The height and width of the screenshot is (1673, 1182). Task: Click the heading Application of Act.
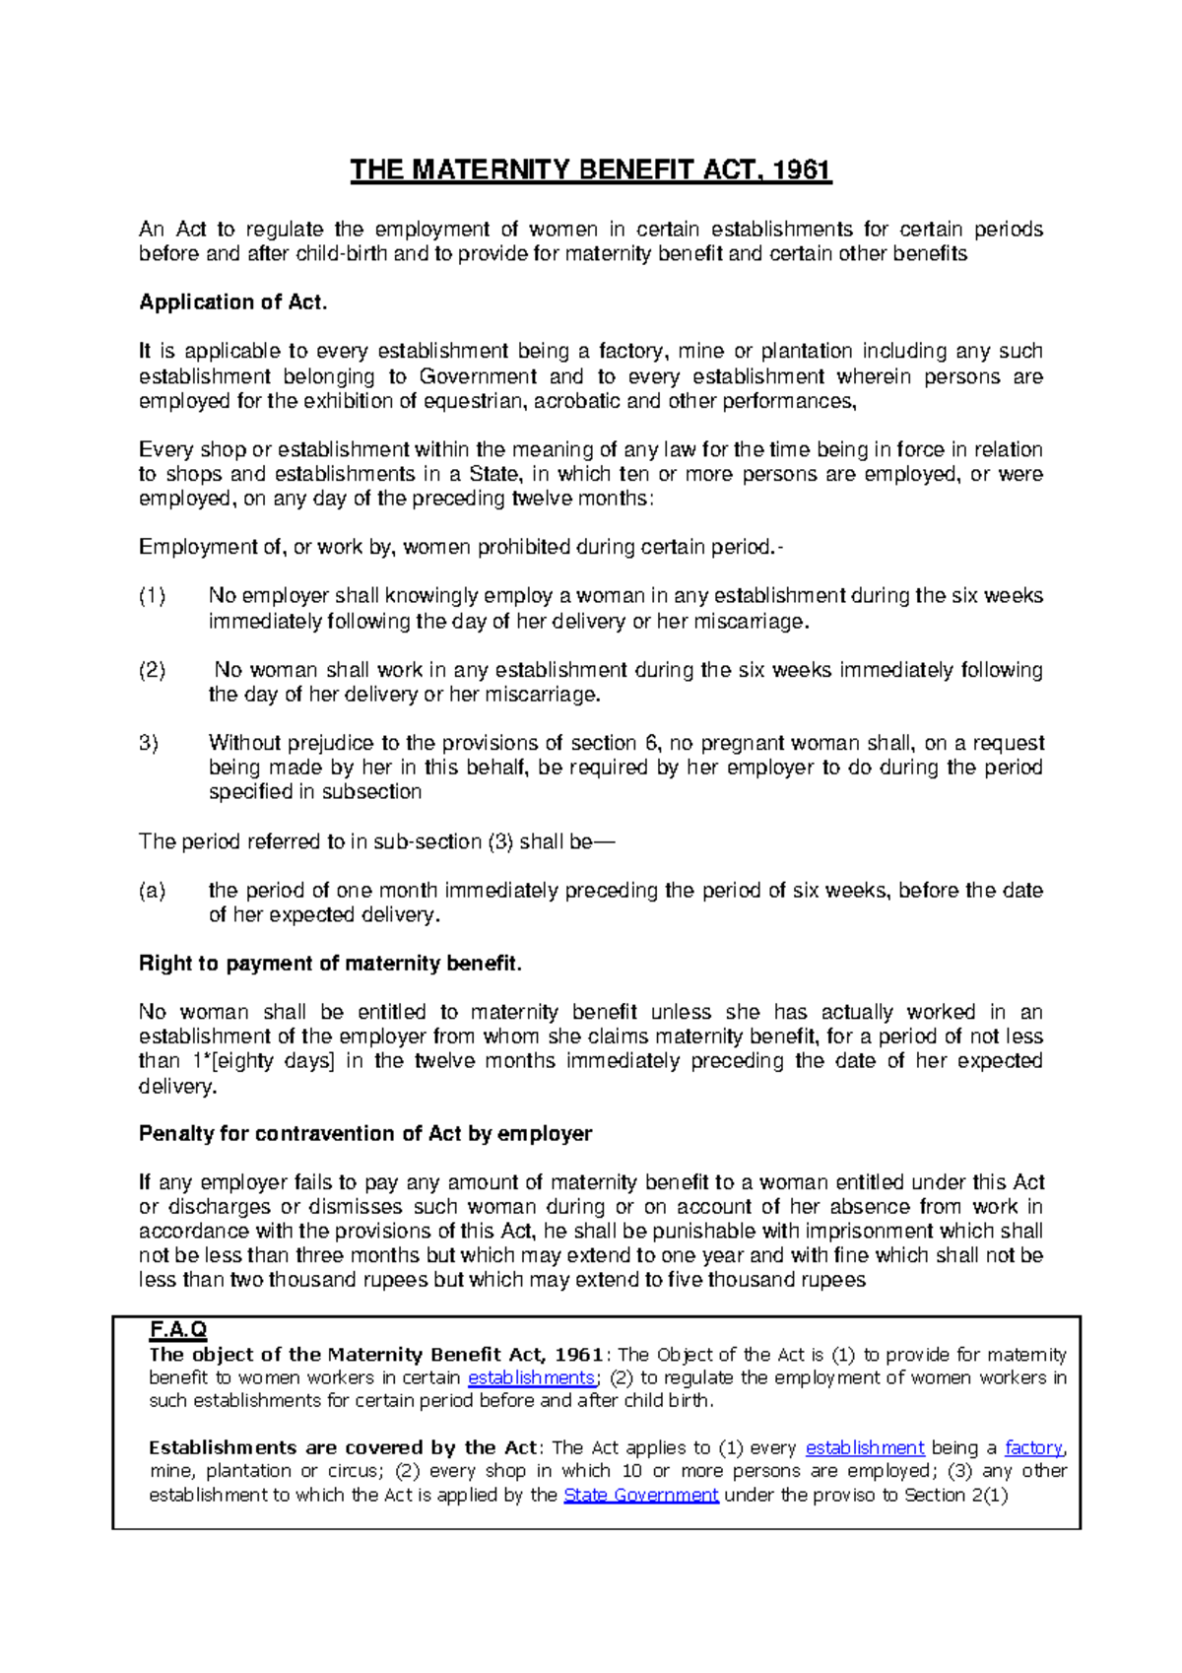pyautogui.click(x=232, y=302)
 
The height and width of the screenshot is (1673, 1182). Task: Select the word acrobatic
pyautogui.click(x=577, y=401)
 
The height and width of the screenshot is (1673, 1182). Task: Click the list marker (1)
pyautogui.click(x=153, y=596)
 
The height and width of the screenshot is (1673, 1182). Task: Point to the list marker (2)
pyautogui.click(x=153, y=670)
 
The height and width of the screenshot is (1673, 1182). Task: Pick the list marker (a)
pyautogui.click(x=153, y=891)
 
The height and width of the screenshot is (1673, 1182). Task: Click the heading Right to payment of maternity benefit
pyautogui.click(x=330, y=964)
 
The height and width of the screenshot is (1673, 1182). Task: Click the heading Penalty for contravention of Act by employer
pyautogui.click(x=365, y=1134)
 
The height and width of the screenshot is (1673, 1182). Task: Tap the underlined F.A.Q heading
pyautogui.click(x=178, y=1330)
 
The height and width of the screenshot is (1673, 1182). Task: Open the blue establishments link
pyautogui.click(x=531, y=1377)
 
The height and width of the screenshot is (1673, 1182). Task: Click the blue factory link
pyautogui.click(x=1033, y=1447)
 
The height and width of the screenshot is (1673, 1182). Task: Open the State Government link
pyautogui.click(x=640, y=1495)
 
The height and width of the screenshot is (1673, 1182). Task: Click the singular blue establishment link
pyautogui.click(x=865, y=1447)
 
